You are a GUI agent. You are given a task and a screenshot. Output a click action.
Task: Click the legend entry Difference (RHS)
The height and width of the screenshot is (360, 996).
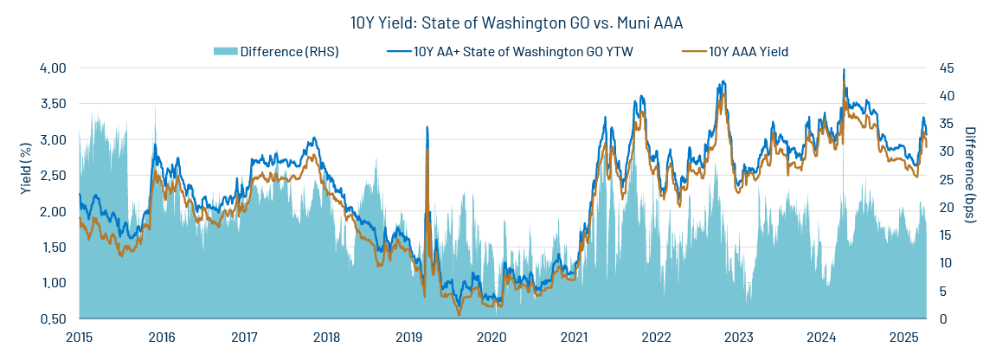pos(289,52)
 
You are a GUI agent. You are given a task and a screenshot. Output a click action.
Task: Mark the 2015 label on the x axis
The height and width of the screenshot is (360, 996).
pos(79,337)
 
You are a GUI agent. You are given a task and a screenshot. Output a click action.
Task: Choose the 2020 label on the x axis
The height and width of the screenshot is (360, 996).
pos(492,337)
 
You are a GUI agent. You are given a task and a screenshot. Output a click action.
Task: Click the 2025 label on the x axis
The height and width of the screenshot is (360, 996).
pos(903,337)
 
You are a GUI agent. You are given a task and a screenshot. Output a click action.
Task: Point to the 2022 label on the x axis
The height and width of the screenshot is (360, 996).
pos(656,337)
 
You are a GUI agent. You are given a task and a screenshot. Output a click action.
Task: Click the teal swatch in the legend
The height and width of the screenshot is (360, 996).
pos(224,52)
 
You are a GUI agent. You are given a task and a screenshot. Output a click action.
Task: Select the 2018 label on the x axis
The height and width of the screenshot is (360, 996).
pos(326,337)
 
